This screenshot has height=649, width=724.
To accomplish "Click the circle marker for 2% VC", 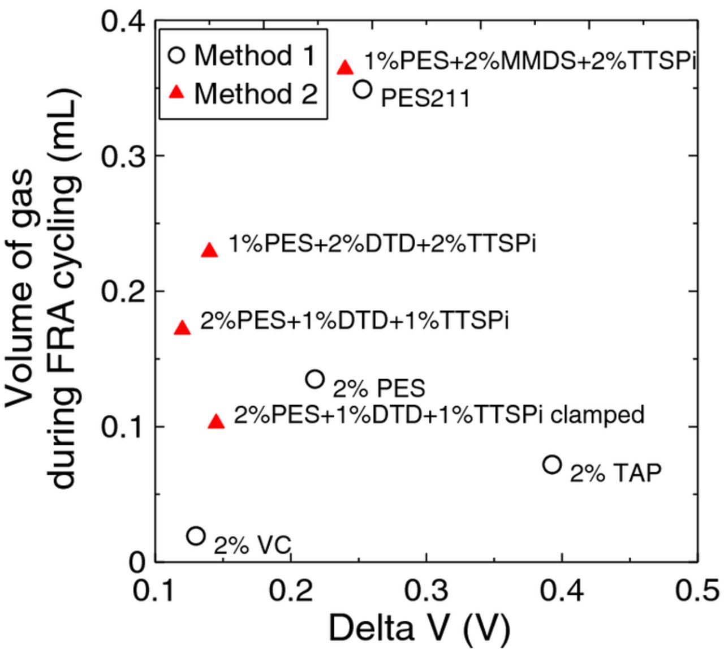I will tap(196, 535).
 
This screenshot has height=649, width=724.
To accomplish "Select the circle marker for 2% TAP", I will tap(552, 465).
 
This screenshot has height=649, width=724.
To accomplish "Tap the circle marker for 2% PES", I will tap(315, 379).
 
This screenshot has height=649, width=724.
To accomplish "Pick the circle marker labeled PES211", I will tap(363, 89).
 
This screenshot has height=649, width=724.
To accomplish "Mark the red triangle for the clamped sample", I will tap(216, 422).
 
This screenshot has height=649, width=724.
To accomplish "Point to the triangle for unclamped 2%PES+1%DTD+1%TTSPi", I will tap(182, 328).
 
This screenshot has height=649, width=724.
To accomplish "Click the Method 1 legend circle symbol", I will tap(177, 55).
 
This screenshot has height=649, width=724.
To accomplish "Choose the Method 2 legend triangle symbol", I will tap(177, 92).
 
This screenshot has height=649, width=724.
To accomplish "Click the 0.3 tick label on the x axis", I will tap(426, 590).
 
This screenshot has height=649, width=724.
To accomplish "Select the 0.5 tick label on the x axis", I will tap(697, 590).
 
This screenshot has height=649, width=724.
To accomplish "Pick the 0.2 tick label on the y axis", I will tap(123, 291).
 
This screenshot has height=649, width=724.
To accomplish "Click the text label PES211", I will tap(425, 98).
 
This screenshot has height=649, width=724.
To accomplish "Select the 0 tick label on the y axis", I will tap(137, 561).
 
